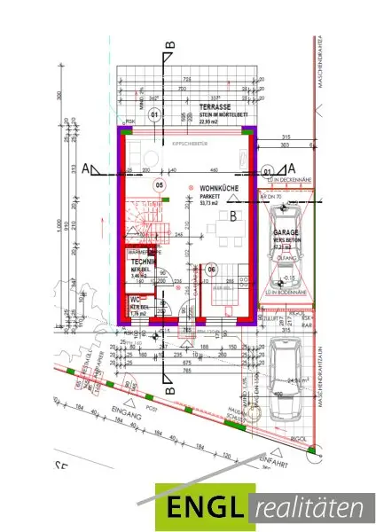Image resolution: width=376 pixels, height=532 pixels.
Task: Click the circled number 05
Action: coord(160,185)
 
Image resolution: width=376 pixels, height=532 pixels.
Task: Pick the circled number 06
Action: coord(211,269)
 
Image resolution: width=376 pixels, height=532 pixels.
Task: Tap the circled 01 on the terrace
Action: coord(153,114)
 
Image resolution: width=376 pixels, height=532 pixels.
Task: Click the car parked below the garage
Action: coord(289,372)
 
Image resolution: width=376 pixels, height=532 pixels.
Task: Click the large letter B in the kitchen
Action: coord(232,215)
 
